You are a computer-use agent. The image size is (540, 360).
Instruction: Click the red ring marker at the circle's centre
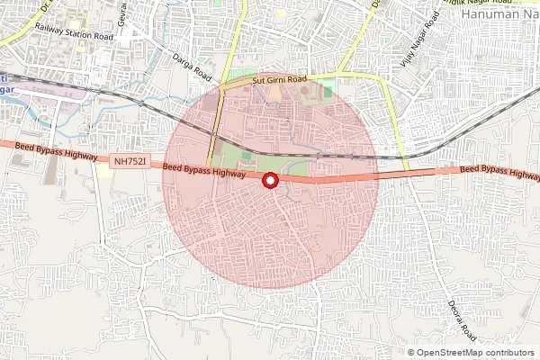269,181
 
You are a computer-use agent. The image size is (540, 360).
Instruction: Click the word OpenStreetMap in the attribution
452,353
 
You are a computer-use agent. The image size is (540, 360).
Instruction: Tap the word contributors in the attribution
511,353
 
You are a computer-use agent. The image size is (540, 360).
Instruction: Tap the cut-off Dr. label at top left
46,4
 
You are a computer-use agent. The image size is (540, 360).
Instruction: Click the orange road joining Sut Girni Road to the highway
212,126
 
